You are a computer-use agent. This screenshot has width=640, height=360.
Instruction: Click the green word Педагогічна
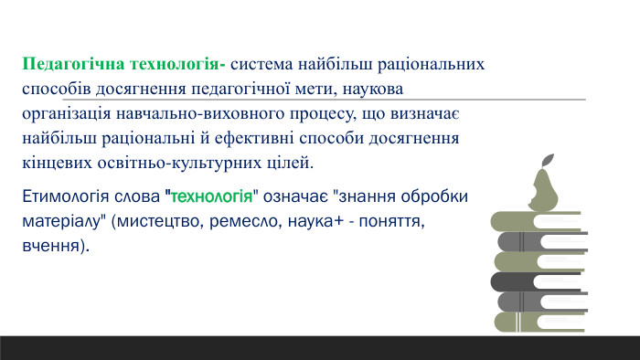tap(69, 66)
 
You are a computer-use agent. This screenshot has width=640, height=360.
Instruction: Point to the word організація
tap(68, 115)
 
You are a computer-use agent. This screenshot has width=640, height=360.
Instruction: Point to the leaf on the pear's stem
tap(549, 159)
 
